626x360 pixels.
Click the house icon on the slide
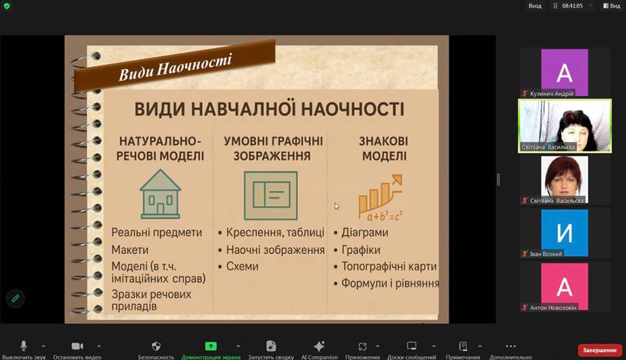click(161, 194)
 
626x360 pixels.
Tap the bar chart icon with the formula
click(381, 197)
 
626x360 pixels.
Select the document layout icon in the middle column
click(271, 196)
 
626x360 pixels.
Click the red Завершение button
click(599, 350)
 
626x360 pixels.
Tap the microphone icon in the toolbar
click(23, 346)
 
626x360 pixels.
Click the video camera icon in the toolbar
click(77, 346)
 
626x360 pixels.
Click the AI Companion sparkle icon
click(319, 346)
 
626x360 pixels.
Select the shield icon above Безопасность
click(156, 346)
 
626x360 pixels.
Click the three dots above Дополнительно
click(511, 346)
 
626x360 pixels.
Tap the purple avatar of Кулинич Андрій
click(564, 73)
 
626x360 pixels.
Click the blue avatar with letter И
click(564, 232)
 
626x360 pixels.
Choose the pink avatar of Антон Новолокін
click(564, 286)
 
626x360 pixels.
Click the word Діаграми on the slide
click(364, 232)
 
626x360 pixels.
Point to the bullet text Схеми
click(242, 266)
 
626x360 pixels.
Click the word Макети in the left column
click(129, 250)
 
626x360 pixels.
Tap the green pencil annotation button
click(16, 298)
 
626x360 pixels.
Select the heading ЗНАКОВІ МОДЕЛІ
click(384, 148)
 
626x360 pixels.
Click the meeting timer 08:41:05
click(572, 6)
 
